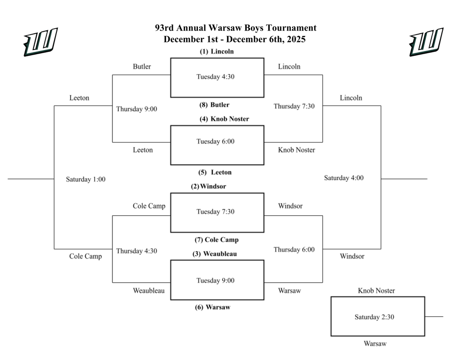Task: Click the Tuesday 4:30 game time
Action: click(215, 77)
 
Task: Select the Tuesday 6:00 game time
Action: click(215, 142)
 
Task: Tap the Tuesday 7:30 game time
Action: click(215, 212)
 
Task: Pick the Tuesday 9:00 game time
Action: click(215, 280)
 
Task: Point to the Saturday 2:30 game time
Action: click(374, 317)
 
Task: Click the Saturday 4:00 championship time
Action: click(344, 178)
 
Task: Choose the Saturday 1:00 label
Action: click(86, 179)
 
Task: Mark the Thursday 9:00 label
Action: click(137, 109)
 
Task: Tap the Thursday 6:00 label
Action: click(294, 250)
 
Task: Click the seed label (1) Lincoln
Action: click(217, 51)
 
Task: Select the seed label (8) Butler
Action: click(214, 105)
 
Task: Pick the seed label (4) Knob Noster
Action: click(224, 119)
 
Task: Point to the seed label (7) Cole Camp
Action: click(217, 240)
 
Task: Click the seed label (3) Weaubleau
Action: click(214, 254)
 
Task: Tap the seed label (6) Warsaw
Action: click(213, 307)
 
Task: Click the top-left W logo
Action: click(41, 42)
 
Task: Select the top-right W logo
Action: click(426, 42)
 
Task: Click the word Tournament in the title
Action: click(293, 28)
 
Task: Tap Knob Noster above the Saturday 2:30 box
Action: click(376, 291)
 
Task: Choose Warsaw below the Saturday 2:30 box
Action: click(375, 344)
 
